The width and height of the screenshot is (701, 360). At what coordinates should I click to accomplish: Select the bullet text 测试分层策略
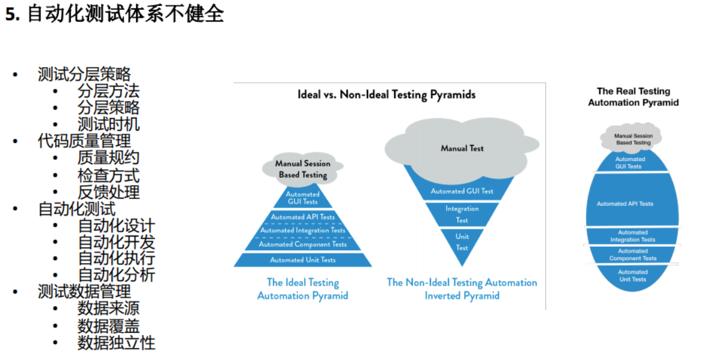tap(84, 74)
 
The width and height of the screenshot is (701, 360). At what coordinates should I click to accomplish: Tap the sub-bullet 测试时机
tap(108, 124)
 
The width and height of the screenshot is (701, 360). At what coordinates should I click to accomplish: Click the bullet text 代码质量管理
tap(84, 141)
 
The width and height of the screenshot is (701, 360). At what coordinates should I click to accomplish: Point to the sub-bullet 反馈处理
tap(108, 192)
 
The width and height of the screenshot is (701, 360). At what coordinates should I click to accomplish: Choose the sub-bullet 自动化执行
tap(116, 258)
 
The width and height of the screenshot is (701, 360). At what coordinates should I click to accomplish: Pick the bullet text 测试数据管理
tap(84, 292)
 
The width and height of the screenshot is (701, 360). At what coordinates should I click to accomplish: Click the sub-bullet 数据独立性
tap(116, 343)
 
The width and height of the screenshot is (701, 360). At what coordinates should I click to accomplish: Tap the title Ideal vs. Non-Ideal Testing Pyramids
tap(386, 95)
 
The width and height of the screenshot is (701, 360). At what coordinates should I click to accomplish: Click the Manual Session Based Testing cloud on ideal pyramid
tap(303, 169)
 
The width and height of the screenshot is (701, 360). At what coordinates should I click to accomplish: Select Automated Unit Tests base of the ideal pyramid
tap(303, 260)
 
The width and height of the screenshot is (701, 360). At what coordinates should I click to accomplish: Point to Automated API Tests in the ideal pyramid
tap(303, 217)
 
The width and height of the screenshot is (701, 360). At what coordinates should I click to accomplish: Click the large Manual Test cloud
tap(462, 148)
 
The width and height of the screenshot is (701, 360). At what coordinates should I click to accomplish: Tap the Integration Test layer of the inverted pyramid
tap(462, 214)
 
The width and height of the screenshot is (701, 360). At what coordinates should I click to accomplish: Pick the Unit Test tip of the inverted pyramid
tap(462, 242)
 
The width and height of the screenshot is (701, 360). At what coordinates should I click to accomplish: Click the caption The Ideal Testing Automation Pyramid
tap(303, 289)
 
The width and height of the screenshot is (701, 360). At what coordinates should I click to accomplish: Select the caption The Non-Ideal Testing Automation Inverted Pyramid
tap(462, 289)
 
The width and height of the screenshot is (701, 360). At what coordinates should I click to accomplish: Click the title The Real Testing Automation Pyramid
tap(633, 97)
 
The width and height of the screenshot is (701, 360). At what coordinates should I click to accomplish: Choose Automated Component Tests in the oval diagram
tap(633, 255)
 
